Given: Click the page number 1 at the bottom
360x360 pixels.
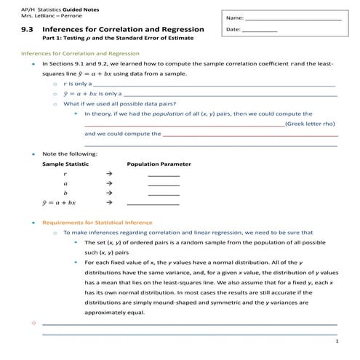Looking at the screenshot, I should click(337, 340).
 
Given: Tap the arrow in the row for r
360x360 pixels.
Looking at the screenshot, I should click(108, 175).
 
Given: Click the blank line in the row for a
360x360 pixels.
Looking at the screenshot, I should click(163, 185).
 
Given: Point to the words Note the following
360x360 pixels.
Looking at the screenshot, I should click(65, 154).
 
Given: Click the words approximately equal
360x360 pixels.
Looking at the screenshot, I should click(114, 312).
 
